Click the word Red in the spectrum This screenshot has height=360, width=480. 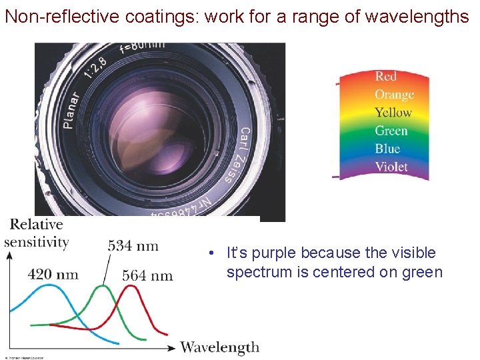(x=385, y=76)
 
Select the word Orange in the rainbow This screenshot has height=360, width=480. (x=394, y=95)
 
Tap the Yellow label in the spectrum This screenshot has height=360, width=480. (x=393, y=113)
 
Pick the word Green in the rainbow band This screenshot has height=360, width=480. (x=391, y=131)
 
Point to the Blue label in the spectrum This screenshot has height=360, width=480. (x=387, y=149)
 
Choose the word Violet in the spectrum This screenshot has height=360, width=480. (x=391, y=167)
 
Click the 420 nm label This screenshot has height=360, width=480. (x=53, y=274)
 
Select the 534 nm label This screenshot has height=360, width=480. (x=133, y=245)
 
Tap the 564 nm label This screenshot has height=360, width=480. (x=148, y=275)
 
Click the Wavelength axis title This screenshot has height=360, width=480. (x=219, y=347)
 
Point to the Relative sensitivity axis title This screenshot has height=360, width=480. (x=37, y=233)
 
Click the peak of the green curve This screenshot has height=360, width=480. (x=102, y=287)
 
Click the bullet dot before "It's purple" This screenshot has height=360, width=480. (x=210, y=253)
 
